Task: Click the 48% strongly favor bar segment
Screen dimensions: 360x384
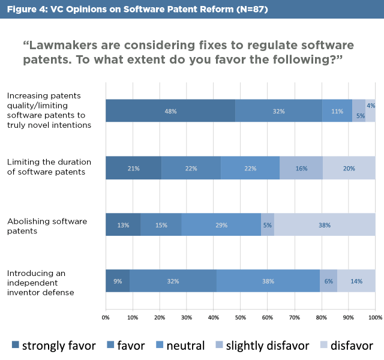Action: (170, 111)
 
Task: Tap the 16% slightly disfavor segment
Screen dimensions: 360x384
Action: (301, 168)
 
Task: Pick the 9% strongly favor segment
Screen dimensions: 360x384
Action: (118, 281)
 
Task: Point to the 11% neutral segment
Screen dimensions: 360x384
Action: (337, 111)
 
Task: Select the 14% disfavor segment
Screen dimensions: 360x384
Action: (356, 281)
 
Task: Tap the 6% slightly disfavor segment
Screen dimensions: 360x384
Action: (328, 281)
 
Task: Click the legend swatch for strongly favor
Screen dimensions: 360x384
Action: (16, 345)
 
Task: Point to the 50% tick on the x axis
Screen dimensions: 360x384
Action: (241, 317)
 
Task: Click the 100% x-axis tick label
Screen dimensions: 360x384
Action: (374, 317)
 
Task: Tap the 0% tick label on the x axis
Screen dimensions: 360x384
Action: (106, 317)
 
